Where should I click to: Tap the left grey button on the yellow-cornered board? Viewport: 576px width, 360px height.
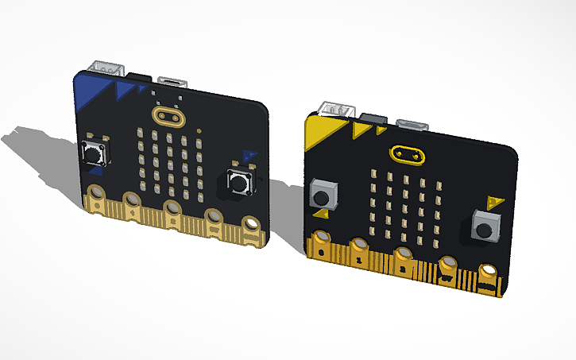[322, 193]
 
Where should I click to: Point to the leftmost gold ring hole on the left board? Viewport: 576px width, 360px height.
[97, 193]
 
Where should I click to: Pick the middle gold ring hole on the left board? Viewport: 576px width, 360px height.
[172, 208]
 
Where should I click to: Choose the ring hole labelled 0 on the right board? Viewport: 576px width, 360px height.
[322, 239]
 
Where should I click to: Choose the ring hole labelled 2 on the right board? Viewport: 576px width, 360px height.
[404, 257]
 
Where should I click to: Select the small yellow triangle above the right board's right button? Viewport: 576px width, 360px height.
[494, 199]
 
